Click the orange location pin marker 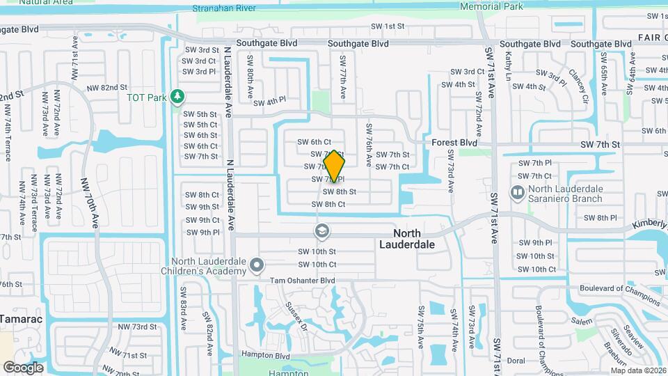pyautogui.click(x=334, y=167)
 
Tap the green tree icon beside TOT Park pyautogui.click(x=179, y=97)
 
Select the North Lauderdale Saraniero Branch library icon pyautogui.click(x=518, y=191)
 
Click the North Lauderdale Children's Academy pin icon pyautogui.click(x=257, y=265)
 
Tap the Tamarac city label pyautogui.click(x=21, y=319)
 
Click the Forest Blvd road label pyautogui.click(x=454, y=142)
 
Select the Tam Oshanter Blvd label pyautogui.click(x=303, y=281)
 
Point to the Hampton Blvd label pyautogui.click(x=265, y=355)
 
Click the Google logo pyautogui.click(x=23, y=367)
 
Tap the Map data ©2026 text pyautogui.click(x=638, y=370)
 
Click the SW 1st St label pyautogui.click(x=390, y=26)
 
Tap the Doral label pyautogui.click(x=516, y=361)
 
